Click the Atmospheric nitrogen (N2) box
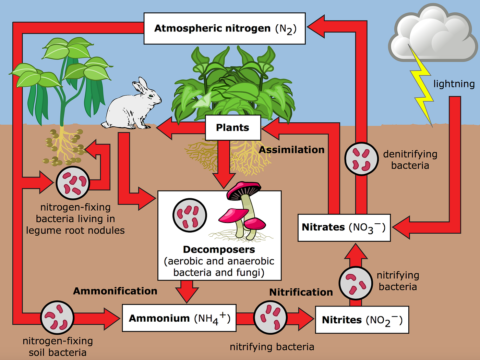[x=224, y=28]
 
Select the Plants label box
[x=233, y=128]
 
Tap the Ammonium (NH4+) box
[x=179, y=318]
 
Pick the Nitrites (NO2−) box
[x=362, y=320]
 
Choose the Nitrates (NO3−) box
[x=344, y=227]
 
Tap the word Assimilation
[x=291, y=150]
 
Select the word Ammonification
[x=115, y=291]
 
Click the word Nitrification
[x=301, y=292]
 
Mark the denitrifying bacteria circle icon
[x=361, y=159]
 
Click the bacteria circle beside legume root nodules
[x=73, y=183]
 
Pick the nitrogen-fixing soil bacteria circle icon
[x=57, y=318]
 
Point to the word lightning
[x=454, y=84]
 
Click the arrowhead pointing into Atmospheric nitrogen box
[x=315, y=26]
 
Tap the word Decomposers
[x=219, y=249]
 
